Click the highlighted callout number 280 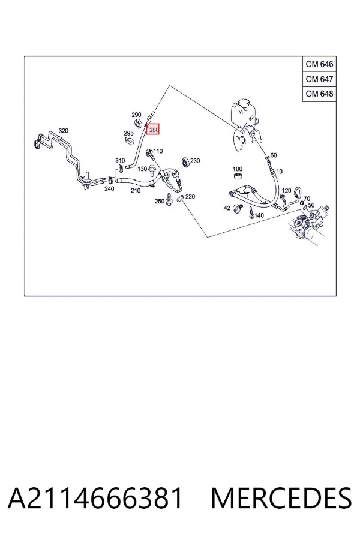154,130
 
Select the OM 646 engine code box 319,64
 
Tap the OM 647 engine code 319,79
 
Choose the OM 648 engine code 319,94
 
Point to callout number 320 64,131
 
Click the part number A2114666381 95,499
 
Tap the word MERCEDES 281,499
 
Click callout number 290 136,115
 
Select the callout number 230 195,160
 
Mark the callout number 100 238,169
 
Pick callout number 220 190,197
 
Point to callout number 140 259,215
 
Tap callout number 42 227,208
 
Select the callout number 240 109,189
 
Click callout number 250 159,201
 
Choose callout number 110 158,151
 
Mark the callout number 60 274,155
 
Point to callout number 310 120,160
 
